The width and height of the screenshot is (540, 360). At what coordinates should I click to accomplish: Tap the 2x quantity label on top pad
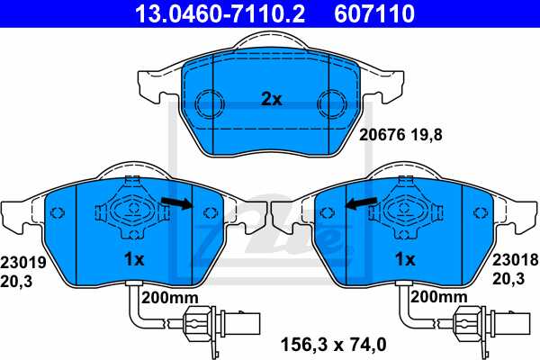[x=272, y=100]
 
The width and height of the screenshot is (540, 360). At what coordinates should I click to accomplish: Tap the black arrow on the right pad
[x=362, y=204]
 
